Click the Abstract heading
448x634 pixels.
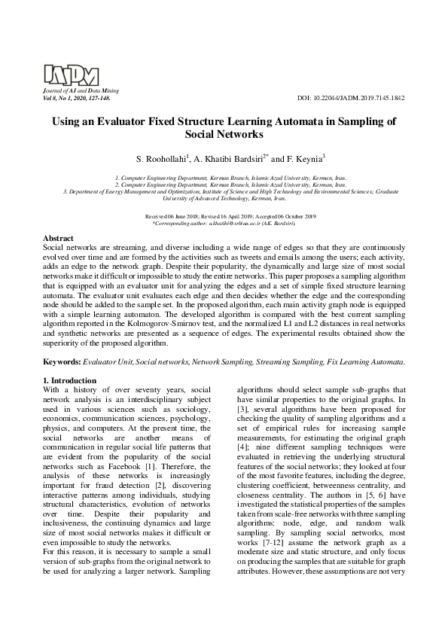(x=58, y=237)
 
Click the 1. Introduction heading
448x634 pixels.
(x=69, y=381)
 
